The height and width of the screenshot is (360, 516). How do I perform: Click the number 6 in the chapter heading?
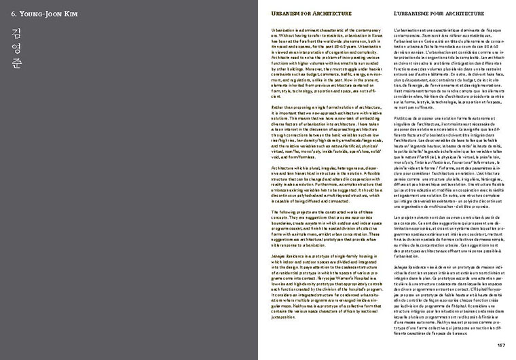click(x=13, y=14)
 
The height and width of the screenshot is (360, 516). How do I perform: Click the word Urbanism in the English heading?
click(x=285, y=14)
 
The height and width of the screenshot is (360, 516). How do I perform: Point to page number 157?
click(x=500, y=344)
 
